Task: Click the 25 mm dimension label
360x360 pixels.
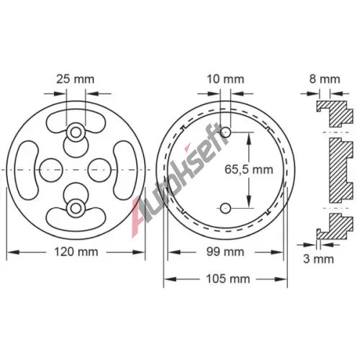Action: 76,79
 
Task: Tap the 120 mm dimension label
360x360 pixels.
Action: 76,252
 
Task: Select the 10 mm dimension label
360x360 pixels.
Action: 225,79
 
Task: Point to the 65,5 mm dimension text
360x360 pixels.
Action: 249,170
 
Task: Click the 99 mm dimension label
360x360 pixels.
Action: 225,252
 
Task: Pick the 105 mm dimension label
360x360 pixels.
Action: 228,279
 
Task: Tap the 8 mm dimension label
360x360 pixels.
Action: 325,79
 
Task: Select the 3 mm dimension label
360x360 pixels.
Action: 318,259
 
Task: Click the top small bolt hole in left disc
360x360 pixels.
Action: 76,132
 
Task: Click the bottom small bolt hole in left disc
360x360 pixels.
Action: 76,208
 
